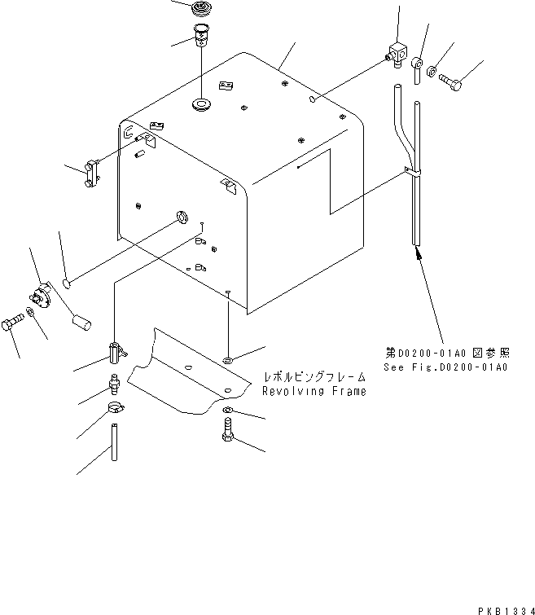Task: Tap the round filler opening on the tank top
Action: (200, 104)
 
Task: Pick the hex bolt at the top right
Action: (453, 81)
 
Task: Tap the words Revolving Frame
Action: (314, 391)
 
